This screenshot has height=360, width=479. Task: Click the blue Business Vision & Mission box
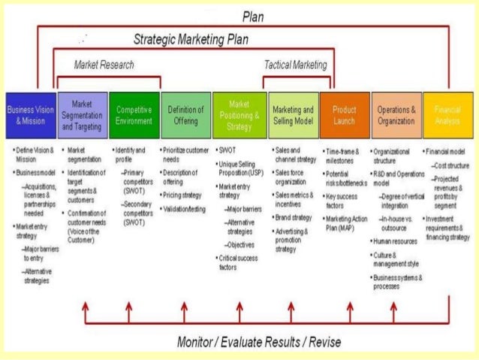tap(31, 115)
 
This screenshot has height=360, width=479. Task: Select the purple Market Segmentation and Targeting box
tap(83, 115)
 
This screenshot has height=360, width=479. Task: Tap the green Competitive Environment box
tap(134, 115)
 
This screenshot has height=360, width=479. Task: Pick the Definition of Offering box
tap(186, 115)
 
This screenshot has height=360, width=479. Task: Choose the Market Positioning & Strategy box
tap(239, 115)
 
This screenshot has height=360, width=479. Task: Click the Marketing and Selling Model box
tap(293, 115)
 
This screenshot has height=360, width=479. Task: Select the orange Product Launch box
tap(345, 115)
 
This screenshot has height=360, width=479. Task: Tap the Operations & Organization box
tap(396, 115)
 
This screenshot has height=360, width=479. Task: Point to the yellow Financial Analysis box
tap(448, 115)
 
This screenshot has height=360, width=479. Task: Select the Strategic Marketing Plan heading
tap(191, 38)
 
